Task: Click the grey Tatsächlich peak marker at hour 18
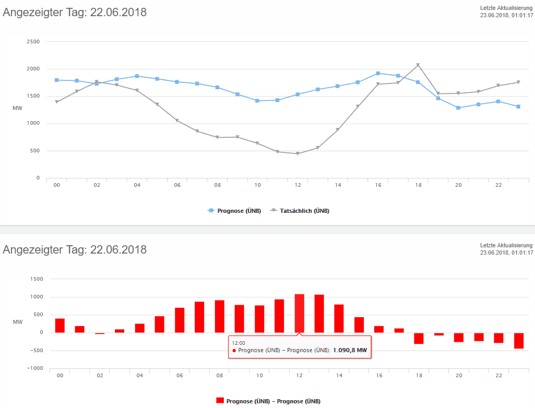418,65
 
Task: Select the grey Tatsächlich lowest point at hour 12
298,154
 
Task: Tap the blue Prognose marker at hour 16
378,73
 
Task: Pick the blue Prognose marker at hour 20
458,108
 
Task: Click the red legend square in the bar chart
220,400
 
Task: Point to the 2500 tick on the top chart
33,42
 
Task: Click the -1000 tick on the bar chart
34,368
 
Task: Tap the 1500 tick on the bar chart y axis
35,279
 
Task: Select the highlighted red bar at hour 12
299,314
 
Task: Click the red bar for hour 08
219,317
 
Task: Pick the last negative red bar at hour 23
518,341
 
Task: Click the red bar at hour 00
60,326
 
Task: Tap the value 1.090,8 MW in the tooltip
350,351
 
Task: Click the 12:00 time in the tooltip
239,343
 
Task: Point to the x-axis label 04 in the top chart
137,185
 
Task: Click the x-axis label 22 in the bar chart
498,376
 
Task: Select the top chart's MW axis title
17,108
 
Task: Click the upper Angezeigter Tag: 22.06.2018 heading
75,13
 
